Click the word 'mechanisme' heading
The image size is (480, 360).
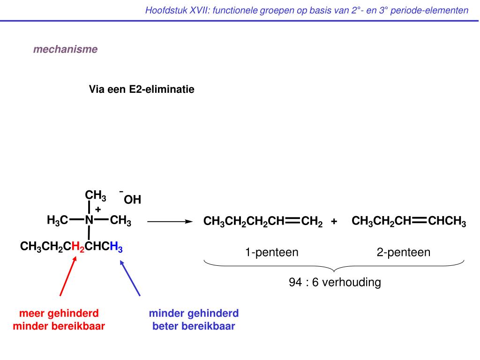point(65,49)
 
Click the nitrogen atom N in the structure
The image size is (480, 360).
point(89,220)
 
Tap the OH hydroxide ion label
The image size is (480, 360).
point(132,200)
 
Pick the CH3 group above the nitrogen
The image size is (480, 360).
point(95,195)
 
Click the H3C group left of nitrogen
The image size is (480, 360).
point(57,220)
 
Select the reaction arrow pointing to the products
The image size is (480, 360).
point(170,221)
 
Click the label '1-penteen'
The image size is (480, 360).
point(271,253)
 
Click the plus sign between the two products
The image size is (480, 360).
point(334,221)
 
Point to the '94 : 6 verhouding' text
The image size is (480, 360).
point(335,283)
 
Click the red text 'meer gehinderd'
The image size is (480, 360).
point(59,313)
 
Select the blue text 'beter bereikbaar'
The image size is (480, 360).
point(194,326)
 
